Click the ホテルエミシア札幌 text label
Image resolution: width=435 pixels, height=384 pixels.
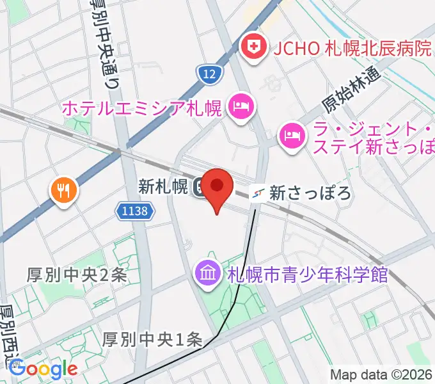[142, 107]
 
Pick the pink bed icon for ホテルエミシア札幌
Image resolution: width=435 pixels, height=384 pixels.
[241, 104]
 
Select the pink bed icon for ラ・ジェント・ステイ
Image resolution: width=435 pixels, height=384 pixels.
[291, 136]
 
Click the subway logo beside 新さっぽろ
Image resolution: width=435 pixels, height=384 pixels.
[258, 193]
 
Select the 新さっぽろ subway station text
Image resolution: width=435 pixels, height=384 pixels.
[310, 193]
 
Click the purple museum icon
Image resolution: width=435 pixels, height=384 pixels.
[209, 274]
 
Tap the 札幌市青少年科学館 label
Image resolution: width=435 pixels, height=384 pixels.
[308, 275]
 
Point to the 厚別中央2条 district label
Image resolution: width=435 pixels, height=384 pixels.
[77, 275]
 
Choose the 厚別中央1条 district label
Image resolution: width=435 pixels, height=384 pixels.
[152, 339]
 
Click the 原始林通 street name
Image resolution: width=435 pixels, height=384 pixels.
[351, 90]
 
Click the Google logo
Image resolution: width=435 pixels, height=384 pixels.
[43, 368]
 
